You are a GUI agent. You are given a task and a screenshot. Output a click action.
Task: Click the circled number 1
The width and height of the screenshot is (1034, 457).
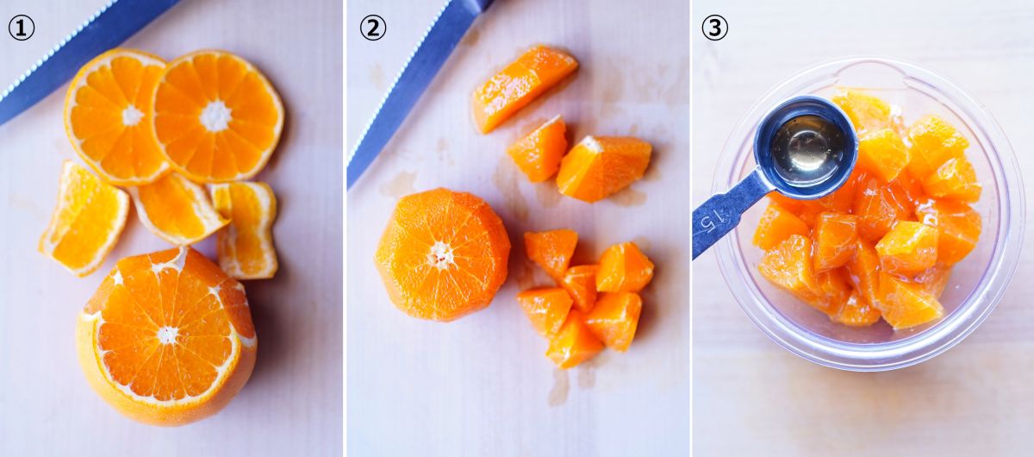coord(22,28)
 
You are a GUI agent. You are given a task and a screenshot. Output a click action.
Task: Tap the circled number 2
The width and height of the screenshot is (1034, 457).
coord(372,28)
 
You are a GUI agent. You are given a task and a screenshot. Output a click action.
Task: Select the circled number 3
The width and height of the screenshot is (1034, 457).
coord(714,28)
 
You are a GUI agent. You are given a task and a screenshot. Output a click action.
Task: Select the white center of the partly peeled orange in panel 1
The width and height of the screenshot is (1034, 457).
coord(167,335)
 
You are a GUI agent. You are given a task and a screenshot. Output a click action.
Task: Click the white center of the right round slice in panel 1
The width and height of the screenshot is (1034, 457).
coord(215,116)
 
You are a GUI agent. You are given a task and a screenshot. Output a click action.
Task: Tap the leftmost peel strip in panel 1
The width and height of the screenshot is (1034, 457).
coord(83,218)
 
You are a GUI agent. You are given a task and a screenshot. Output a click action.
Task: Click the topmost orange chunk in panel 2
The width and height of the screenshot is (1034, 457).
coord(524,87)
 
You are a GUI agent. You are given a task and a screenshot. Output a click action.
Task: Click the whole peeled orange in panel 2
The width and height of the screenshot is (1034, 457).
coord(442,254)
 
